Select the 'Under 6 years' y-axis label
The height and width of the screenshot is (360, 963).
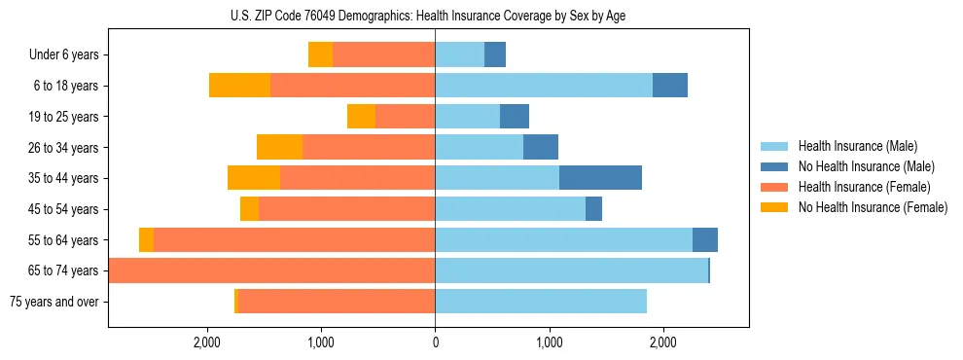(x=63, y=55)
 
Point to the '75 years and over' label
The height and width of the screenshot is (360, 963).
(x=53, y=302)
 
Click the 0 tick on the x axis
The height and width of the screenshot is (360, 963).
(x=435, y=342)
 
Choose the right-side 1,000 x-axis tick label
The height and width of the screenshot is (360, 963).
(x=549, y=342)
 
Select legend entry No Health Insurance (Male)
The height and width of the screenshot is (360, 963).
(x=859, y=166)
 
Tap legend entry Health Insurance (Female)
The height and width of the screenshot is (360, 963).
(x=857, y=187)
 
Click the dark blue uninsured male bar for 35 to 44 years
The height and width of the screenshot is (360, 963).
(x=600, y=178)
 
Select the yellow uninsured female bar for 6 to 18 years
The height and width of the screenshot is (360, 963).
(x=239, y=86)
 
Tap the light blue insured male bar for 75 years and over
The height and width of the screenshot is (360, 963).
(x=540, y=302)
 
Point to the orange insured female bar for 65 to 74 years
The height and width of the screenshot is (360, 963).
(x=272, y=270)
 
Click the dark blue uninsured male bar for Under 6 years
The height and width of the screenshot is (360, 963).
(x=494, y=55)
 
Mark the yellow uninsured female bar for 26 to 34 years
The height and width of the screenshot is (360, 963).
(x=279, y=147)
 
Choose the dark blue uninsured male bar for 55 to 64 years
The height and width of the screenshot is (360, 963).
(x=704, y=239)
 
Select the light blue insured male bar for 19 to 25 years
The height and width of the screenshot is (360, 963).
(x=467, y=117)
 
